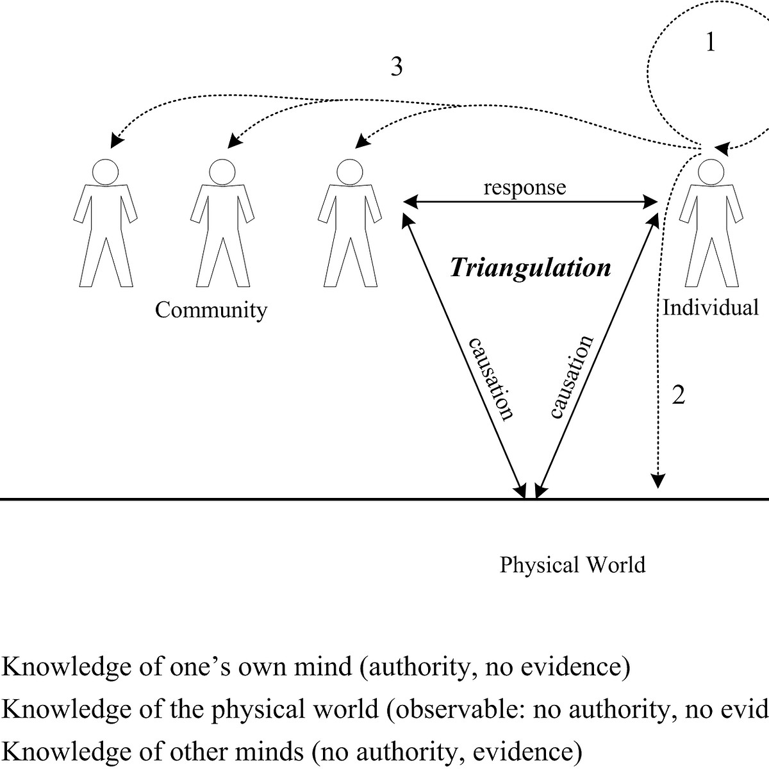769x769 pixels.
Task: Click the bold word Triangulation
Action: (531, 267)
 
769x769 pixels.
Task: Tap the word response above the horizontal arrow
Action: (525, 187)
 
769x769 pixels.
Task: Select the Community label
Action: (211, 310)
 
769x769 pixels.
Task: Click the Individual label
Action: (710, 308)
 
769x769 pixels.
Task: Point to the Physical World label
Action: (572, 565)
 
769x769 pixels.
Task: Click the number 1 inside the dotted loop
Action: (710, 43)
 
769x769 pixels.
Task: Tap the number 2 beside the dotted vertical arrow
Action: (678, 395)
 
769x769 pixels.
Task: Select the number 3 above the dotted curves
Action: (397, 66)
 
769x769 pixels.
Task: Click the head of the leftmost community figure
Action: (105, 171)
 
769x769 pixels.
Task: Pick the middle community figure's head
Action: (222, 171)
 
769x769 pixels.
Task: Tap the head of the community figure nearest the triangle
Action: (349, 171)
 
